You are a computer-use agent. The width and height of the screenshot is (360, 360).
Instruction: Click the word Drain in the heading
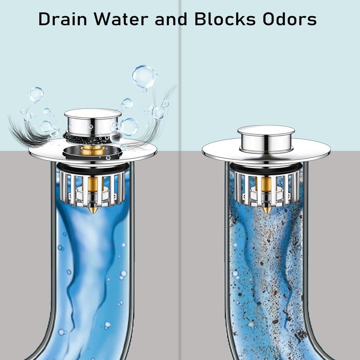[63, 18]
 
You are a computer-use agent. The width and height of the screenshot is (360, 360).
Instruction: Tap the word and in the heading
[171, 18]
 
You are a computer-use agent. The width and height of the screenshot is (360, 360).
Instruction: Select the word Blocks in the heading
[225, 18]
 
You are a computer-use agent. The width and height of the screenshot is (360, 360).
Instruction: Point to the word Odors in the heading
[290, 18]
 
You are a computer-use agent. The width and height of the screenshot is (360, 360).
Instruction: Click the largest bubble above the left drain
[144, 77]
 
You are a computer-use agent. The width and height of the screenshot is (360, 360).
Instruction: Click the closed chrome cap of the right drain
[266, 139]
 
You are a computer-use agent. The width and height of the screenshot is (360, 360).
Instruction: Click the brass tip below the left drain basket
[93, 209]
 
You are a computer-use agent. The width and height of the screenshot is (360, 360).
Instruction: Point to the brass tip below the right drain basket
[266, 209]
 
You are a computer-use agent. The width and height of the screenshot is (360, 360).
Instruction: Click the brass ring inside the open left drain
[93, 150]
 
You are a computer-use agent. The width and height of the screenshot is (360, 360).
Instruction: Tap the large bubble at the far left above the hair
[36, 94]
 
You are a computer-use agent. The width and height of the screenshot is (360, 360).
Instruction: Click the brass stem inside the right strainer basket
[266, 190]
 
